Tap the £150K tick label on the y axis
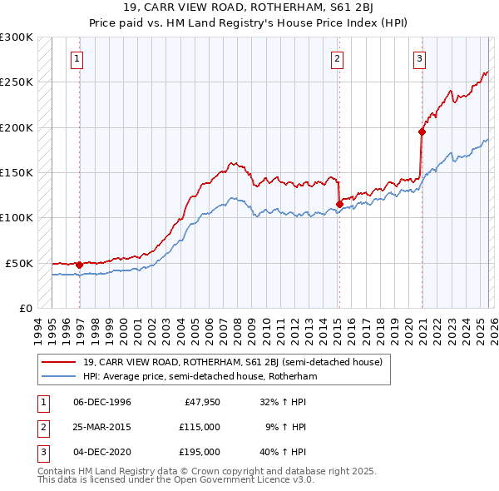(17, 172)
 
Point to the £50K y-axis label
(19, 263)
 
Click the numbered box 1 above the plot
(77, 58)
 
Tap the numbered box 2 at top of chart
(337, 58)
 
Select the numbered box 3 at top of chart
(420, 58)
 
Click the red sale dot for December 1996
(79, 265)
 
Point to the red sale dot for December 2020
(422, 131)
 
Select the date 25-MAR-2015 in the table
(102, 427)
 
